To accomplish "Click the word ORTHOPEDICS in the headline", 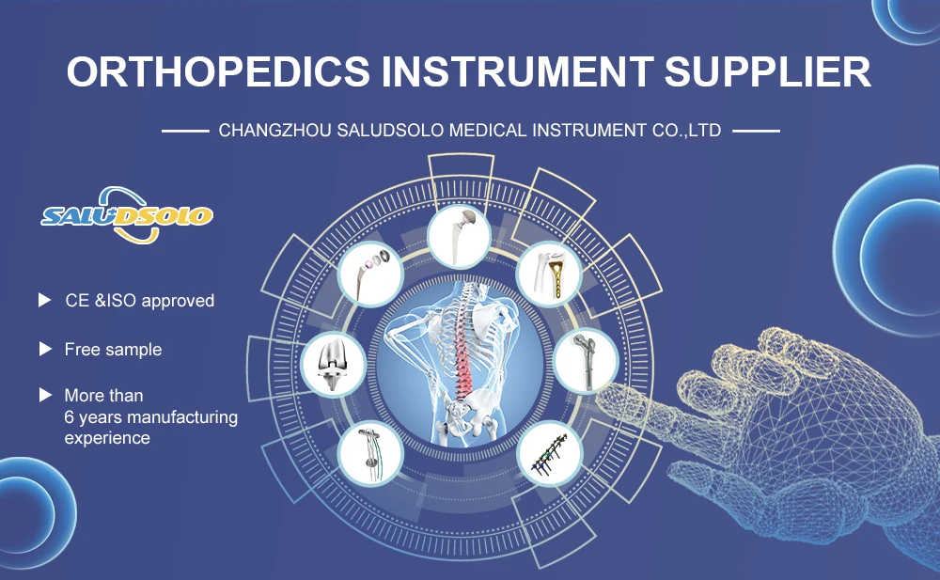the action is coord(219,72).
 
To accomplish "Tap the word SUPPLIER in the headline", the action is coord(767,72).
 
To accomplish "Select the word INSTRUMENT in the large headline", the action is coord(517,72).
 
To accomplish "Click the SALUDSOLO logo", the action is coord(127,215).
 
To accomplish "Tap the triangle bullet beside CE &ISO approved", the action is coord(45,300).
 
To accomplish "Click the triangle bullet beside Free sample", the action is coord(45,349).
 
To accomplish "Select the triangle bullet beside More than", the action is coord(45,395).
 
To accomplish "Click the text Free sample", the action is coord(113,349).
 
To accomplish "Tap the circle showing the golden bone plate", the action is coord(549,275).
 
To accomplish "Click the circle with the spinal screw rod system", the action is coord(549,454).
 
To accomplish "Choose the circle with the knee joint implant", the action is coord(334,364).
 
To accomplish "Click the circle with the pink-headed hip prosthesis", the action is coord(370,275).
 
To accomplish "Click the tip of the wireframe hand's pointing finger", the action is coord(600,392).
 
